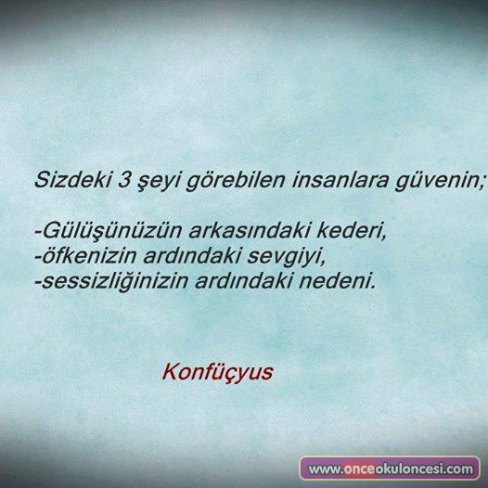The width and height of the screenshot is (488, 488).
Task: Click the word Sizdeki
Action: pyautogui.click(x=72, y=180)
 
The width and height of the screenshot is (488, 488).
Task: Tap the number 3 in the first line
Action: pyautogui.click(x=124, y=180)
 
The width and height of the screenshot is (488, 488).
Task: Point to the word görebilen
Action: pyautogui.click(x=236, y=181)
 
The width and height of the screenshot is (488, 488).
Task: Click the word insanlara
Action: pyautogui.click(x=340, y=180)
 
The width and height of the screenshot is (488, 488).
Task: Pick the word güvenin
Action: pyautogui.click(x=440, y=181)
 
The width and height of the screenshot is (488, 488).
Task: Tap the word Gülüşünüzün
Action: pyautogui.click(x=109, y=231)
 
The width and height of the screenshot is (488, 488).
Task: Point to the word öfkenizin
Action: pyautogui.click(x=86, y=255)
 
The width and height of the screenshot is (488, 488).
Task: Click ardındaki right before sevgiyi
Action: pyautogui.click(x=192, y=255)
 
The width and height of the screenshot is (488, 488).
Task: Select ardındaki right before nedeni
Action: pyautogui.click(x=244, y=280)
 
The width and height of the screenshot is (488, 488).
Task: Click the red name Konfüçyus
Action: pyautogui.click(x=217, y=373)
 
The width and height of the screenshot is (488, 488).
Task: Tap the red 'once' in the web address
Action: pyautogui.click(x=359, y=469)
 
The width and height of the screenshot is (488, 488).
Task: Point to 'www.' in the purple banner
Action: pyautogui.click(x=326, y=469)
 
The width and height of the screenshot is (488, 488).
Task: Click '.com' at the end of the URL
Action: pyautogui.click(x=457, y=469)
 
